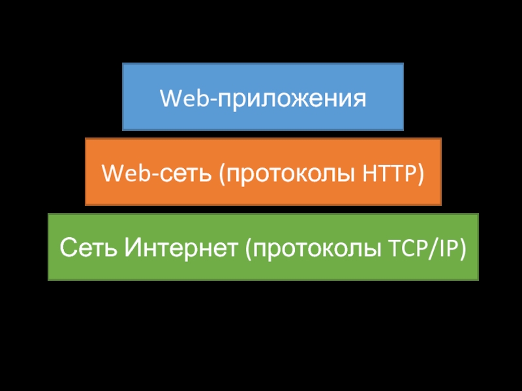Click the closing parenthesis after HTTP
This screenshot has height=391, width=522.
point(420,175)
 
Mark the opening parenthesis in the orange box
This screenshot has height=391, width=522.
point(223,175)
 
